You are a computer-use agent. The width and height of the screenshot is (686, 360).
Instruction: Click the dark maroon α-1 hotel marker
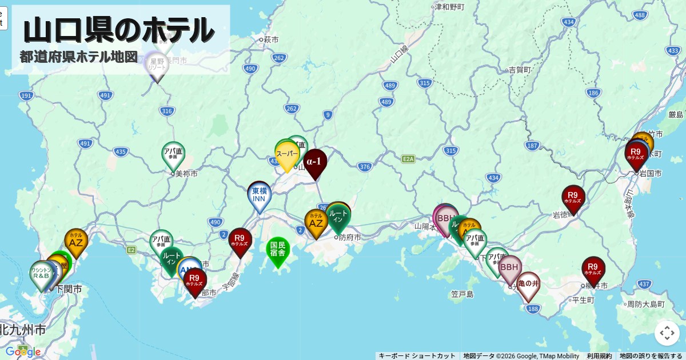[315, 162]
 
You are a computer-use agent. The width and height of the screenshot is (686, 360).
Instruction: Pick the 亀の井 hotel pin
[528, 284]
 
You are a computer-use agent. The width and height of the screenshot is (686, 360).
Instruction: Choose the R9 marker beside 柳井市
[593, 269]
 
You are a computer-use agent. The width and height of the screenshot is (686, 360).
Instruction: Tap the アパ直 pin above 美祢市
[173, 154]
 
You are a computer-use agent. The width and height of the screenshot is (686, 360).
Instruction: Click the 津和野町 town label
[449, 7]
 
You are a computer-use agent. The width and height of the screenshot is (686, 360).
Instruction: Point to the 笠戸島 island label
[462, 295]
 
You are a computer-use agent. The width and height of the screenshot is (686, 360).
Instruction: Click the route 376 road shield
[365, 167]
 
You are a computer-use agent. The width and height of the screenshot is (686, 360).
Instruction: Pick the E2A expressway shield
[408, 158]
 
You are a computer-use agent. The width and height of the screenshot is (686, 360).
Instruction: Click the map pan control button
[667, 333]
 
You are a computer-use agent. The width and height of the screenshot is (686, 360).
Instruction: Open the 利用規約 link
[599, 356]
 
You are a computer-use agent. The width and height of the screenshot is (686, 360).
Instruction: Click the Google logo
[23, 351]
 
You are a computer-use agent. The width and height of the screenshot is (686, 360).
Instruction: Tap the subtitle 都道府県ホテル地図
[79, 57]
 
